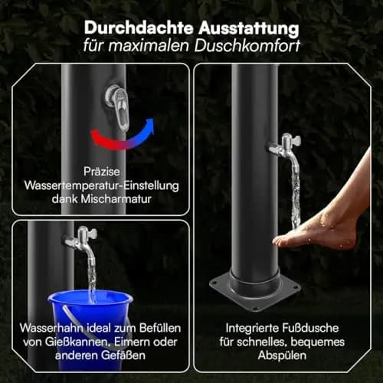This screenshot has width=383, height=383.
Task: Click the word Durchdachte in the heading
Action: click(x=139, y=28)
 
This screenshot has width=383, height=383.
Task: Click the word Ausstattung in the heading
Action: click(x=249, y=28)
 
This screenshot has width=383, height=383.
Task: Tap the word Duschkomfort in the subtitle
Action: click(x=247, y=46)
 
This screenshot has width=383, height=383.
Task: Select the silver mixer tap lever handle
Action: click(x=120, y=110)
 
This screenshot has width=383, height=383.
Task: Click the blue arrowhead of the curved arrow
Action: click(x=152, y=125)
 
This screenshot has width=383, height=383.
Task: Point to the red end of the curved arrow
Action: click(x=95, y=134)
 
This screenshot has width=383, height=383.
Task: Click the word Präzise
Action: click(x=102, y=172)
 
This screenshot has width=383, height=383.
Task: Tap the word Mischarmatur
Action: click(x=116, y=199)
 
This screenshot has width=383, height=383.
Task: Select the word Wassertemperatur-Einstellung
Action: click(x=102, y=185)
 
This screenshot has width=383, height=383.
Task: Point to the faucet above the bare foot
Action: click(x=286, y=151)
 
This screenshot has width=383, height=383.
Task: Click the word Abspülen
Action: click(x=282, y=355)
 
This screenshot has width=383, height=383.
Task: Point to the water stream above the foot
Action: click(x=296, y=197)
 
